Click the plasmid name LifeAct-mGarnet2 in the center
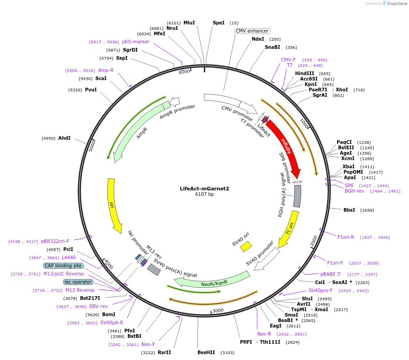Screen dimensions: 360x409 [204, 189]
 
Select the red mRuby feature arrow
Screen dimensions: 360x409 [286, 145]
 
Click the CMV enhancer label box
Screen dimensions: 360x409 [253, 31]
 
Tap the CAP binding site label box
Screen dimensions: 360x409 [63, 265]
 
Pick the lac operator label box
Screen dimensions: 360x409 [78, 282]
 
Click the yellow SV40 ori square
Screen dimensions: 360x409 [246, 246]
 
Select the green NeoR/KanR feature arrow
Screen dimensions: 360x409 [212, 282]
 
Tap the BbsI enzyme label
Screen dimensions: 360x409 [349, 210]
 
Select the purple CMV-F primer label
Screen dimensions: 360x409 [288, 60]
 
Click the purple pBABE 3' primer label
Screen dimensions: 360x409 [330, 274]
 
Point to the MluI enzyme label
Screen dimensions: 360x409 [189, 23]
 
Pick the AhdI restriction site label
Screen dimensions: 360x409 [64, 138]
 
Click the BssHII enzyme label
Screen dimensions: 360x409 [206, 352]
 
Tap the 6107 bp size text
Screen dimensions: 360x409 [204, 194]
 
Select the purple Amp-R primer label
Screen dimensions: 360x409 [106, 71]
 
